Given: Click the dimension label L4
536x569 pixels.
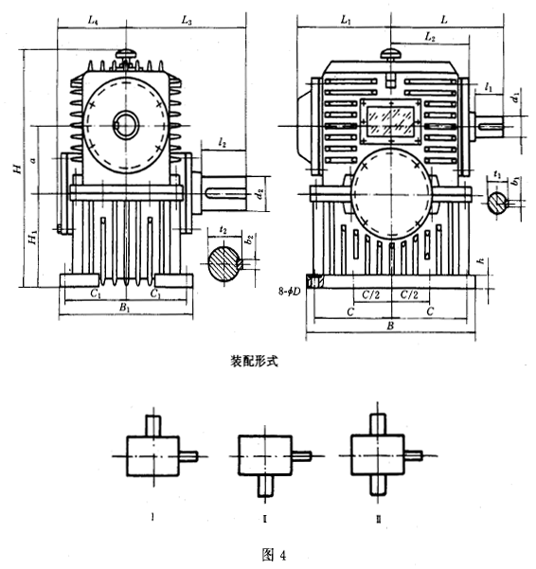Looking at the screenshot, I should [x=92, y=19].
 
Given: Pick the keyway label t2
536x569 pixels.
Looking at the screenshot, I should [x=223, y=230].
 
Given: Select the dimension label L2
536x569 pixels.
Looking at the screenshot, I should [x=430, y=37].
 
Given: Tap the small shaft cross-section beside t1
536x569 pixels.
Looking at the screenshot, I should [x=498, y=201].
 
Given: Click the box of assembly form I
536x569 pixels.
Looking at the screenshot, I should [x=152, y=454].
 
